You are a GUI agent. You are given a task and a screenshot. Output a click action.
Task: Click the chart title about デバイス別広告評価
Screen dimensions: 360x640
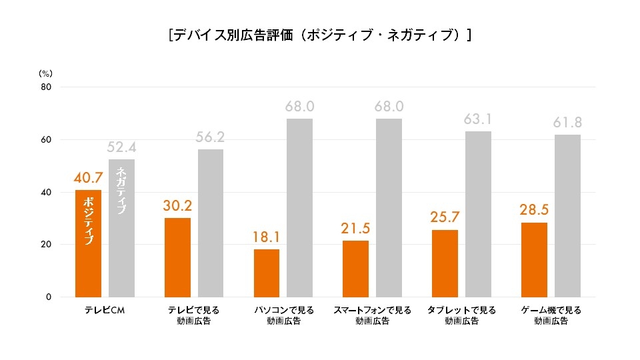point(320,35)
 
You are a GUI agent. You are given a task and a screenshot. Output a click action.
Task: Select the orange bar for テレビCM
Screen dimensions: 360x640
point(88,243)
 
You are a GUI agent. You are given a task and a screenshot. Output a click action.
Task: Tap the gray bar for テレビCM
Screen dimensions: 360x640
point(121,228)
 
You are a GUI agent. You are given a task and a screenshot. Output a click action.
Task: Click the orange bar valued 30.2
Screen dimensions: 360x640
point(177,257)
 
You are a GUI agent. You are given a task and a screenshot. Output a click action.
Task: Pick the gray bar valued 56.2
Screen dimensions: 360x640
point(211,223)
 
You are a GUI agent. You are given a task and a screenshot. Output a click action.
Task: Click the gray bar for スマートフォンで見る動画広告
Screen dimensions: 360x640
point(389,207)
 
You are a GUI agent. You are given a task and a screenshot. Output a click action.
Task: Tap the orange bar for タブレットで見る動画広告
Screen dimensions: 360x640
point(445,263)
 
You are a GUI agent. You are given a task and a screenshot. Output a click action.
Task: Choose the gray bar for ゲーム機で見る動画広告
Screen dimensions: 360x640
point(567,215)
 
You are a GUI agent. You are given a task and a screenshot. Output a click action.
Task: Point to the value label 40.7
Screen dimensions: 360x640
point(88,178)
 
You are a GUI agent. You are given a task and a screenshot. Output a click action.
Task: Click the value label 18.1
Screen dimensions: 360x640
point(267,237)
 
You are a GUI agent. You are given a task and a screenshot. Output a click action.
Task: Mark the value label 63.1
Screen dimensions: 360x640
point(478,119)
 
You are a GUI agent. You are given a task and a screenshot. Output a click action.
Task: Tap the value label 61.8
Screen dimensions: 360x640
point(567,123)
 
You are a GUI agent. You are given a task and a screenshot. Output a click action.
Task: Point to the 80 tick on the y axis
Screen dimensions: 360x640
point(46,87)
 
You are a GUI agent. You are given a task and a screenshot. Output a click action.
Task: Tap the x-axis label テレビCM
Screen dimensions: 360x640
point(105,310)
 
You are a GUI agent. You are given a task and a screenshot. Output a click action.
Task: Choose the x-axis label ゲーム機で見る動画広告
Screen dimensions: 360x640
point(551,315)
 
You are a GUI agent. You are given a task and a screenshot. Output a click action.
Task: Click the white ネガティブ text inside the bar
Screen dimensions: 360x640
point(121,190)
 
